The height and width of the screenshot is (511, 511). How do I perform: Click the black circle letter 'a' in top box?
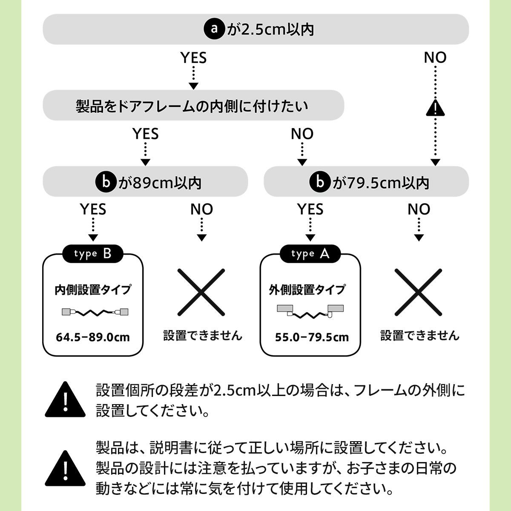click(x=214, y=29)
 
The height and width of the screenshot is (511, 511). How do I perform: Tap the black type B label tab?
click(x=93, y=254)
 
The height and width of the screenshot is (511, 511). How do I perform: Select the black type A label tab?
click(x=310, y=254)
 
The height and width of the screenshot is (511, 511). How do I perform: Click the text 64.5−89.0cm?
click(x=93, y=338)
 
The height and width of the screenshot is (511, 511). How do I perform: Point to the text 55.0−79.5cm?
click(x=312, y=338)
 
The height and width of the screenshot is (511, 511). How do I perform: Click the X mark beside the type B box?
click(x=201, y=292)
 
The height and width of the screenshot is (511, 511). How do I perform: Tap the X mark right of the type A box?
click(x=418, y=292)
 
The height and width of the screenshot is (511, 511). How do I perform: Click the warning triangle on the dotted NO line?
click(x=435, y=109)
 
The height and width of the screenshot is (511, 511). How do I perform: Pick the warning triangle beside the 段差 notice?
click(x=65, y=401)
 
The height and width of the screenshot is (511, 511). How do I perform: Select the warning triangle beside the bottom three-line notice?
click(x=65, y=470)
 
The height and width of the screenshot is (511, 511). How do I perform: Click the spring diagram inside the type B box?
click(x=95, y=312)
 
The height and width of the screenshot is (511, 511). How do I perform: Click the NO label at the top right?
click(x=435, y=57)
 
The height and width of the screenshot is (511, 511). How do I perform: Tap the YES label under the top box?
click(x=193, y=57)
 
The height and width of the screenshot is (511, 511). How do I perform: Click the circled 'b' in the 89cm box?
click(x=105, y=182)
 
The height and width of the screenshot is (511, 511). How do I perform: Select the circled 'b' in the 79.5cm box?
click(x=320, y=182)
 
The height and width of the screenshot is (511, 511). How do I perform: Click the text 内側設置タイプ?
click(x=93, y=290)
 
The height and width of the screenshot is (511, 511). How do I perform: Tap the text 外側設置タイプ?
click(x=307, y=290)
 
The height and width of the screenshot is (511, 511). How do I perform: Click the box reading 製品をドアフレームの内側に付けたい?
click(x=193, y=106)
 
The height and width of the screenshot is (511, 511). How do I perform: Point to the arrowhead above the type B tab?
click(x=93, y=238)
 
